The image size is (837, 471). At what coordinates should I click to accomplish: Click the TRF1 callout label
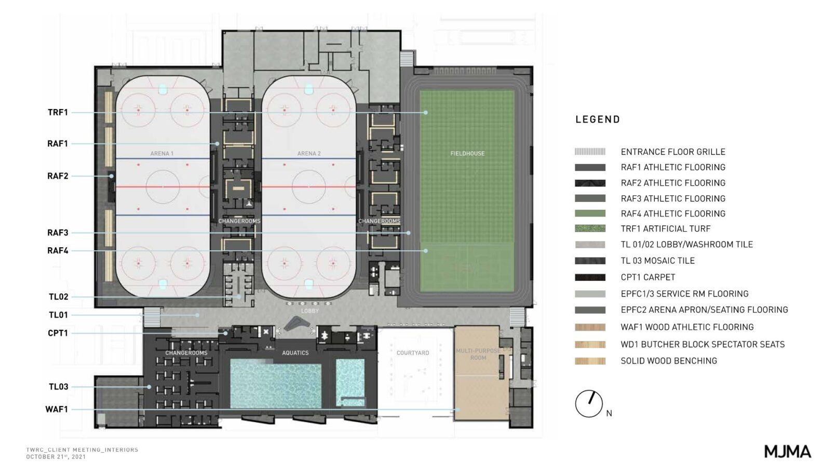58,113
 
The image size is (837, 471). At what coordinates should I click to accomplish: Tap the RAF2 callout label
58,176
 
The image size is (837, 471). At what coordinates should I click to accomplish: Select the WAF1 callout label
57,410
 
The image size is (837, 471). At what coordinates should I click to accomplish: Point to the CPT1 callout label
58,333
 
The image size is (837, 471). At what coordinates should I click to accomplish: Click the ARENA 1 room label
162,153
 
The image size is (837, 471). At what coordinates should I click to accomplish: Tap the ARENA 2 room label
309,153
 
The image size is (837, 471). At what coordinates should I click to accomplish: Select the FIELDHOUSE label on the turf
467,153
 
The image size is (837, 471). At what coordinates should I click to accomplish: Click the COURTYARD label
413,353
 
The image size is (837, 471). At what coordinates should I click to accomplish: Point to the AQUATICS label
295,353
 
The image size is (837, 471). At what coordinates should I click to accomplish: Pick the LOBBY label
310,311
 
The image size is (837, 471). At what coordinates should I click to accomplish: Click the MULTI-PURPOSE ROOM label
478,354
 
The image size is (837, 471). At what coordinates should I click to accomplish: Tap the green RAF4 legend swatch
590,213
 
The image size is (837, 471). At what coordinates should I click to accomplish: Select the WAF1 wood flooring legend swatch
590,327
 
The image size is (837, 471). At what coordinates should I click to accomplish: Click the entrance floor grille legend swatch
590,152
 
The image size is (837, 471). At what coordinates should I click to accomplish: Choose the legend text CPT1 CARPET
648,277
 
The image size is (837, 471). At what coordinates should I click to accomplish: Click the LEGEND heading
598,119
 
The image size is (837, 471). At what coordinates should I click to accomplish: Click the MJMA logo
788,452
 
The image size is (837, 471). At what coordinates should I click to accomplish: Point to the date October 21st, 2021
56,457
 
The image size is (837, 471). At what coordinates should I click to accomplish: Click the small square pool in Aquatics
350,383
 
